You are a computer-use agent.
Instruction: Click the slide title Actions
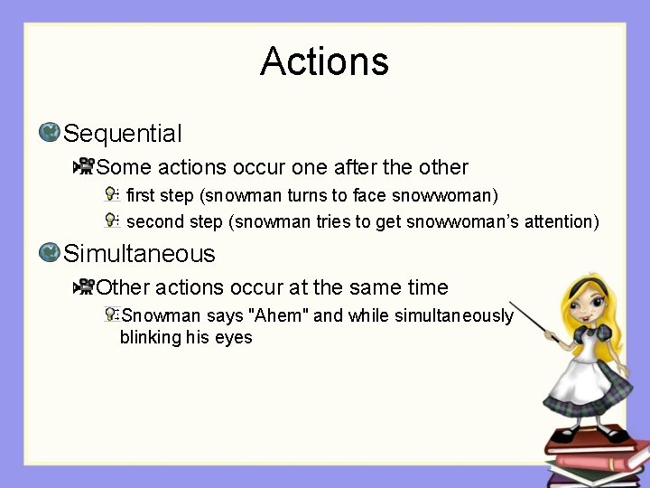pyautogui.click(x=324, y=61)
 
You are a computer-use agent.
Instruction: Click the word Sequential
pyautogui.click(x=123, y=134)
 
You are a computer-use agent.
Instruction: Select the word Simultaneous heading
pyautogui.click(x=139, y=253)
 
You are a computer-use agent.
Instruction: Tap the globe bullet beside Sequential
pyautogui.click(x=50, y=133)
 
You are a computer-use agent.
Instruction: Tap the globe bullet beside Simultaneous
pyautogui.click(x=50, y=252)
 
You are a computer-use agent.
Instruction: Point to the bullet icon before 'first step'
pyautogui.click(x=112, y=194)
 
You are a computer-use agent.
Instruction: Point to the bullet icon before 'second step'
pyautogui.click(x=112, y=221)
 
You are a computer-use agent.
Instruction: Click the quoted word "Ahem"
pyautogui.click(x=281, y=315)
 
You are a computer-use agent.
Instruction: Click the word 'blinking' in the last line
pyautogui.click(x=151, y=338)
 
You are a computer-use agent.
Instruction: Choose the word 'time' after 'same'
pyautogui.click(x=428, y=287)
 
